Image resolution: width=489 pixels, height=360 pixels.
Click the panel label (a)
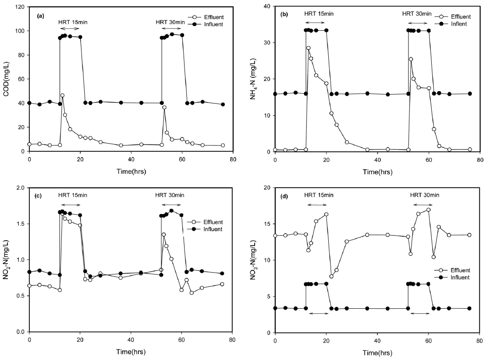[x=41, y=16]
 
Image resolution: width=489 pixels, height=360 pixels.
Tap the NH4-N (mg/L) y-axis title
[x=254, y=79]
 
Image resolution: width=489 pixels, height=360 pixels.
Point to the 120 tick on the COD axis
[x=20, y=7]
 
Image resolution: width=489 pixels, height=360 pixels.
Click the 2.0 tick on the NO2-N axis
[x=20, y=188]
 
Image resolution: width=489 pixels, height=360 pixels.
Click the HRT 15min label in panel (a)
[x=72, y=22]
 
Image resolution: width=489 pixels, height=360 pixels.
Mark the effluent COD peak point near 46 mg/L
[x=62, y=96]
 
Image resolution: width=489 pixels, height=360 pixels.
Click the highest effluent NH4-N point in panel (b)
[x=309, y=48]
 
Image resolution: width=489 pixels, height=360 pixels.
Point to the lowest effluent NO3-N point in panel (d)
[x=331, y=276]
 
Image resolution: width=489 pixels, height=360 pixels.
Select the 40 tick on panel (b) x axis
[x=377, y=160]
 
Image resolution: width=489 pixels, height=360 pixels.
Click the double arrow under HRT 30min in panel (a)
[x=171, y=28]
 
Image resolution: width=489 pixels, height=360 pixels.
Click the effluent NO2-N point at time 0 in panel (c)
[x=29, y=285]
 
